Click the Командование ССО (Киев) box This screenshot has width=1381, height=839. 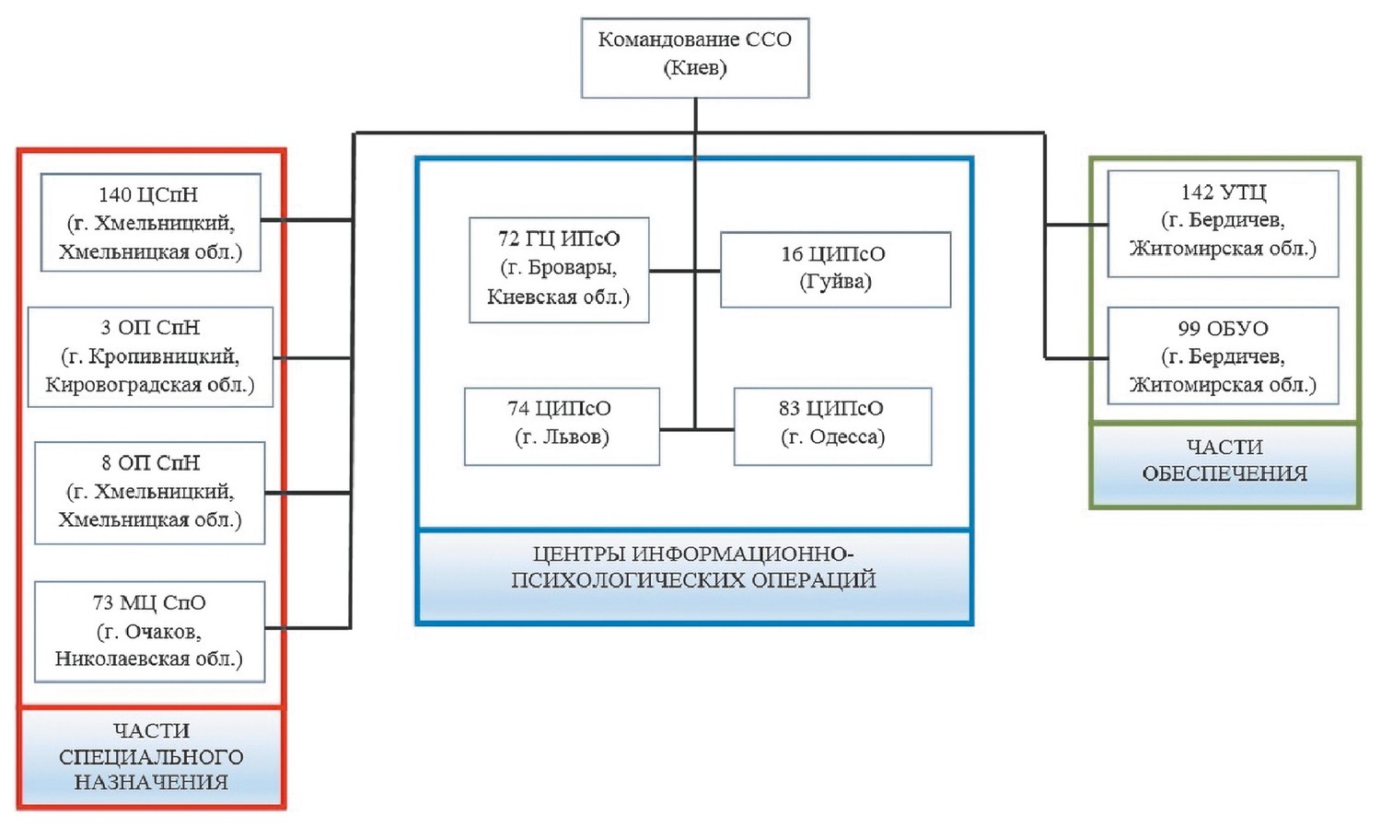[695, 57]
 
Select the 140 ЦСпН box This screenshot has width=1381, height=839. [151, 223]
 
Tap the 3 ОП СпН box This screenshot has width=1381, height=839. [150, 356]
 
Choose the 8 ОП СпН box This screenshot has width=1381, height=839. [150, 492]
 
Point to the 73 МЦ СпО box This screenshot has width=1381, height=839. [149, 631]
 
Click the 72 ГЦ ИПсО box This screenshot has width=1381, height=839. [559, 269]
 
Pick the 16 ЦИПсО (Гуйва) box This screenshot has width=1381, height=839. [834, 269]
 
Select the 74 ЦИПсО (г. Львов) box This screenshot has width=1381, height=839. [562, 425]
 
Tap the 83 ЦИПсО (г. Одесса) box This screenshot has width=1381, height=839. [832, 425]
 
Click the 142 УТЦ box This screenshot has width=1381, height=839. [1223, 223]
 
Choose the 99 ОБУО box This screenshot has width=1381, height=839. [1223, 356]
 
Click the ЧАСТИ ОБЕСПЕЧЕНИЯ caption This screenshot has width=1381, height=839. [1224, 461]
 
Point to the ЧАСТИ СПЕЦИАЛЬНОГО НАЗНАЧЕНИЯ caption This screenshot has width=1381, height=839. [151, 757]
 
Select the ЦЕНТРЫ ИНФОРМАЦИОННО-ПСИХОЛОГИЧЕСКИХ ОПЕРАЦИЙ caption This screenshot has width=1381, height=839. [694, 567]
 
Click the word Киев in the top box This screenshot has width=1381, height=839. [695, 68]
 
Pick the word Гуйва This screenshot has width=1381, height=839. [835, 282]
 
